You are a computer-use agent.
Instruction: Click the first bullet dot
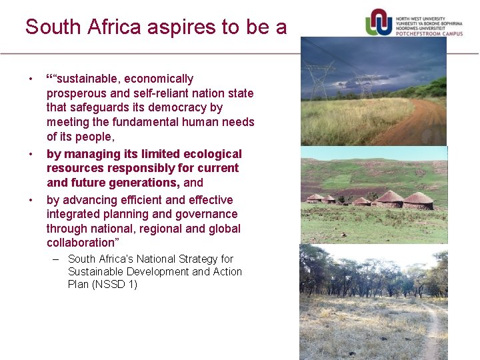click(x=30, y=79)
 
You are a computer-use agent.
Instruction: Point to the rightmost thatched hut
click(x=418, y=200)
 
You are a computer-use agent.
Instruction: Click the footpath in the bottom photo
click(x=432, y=333)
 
